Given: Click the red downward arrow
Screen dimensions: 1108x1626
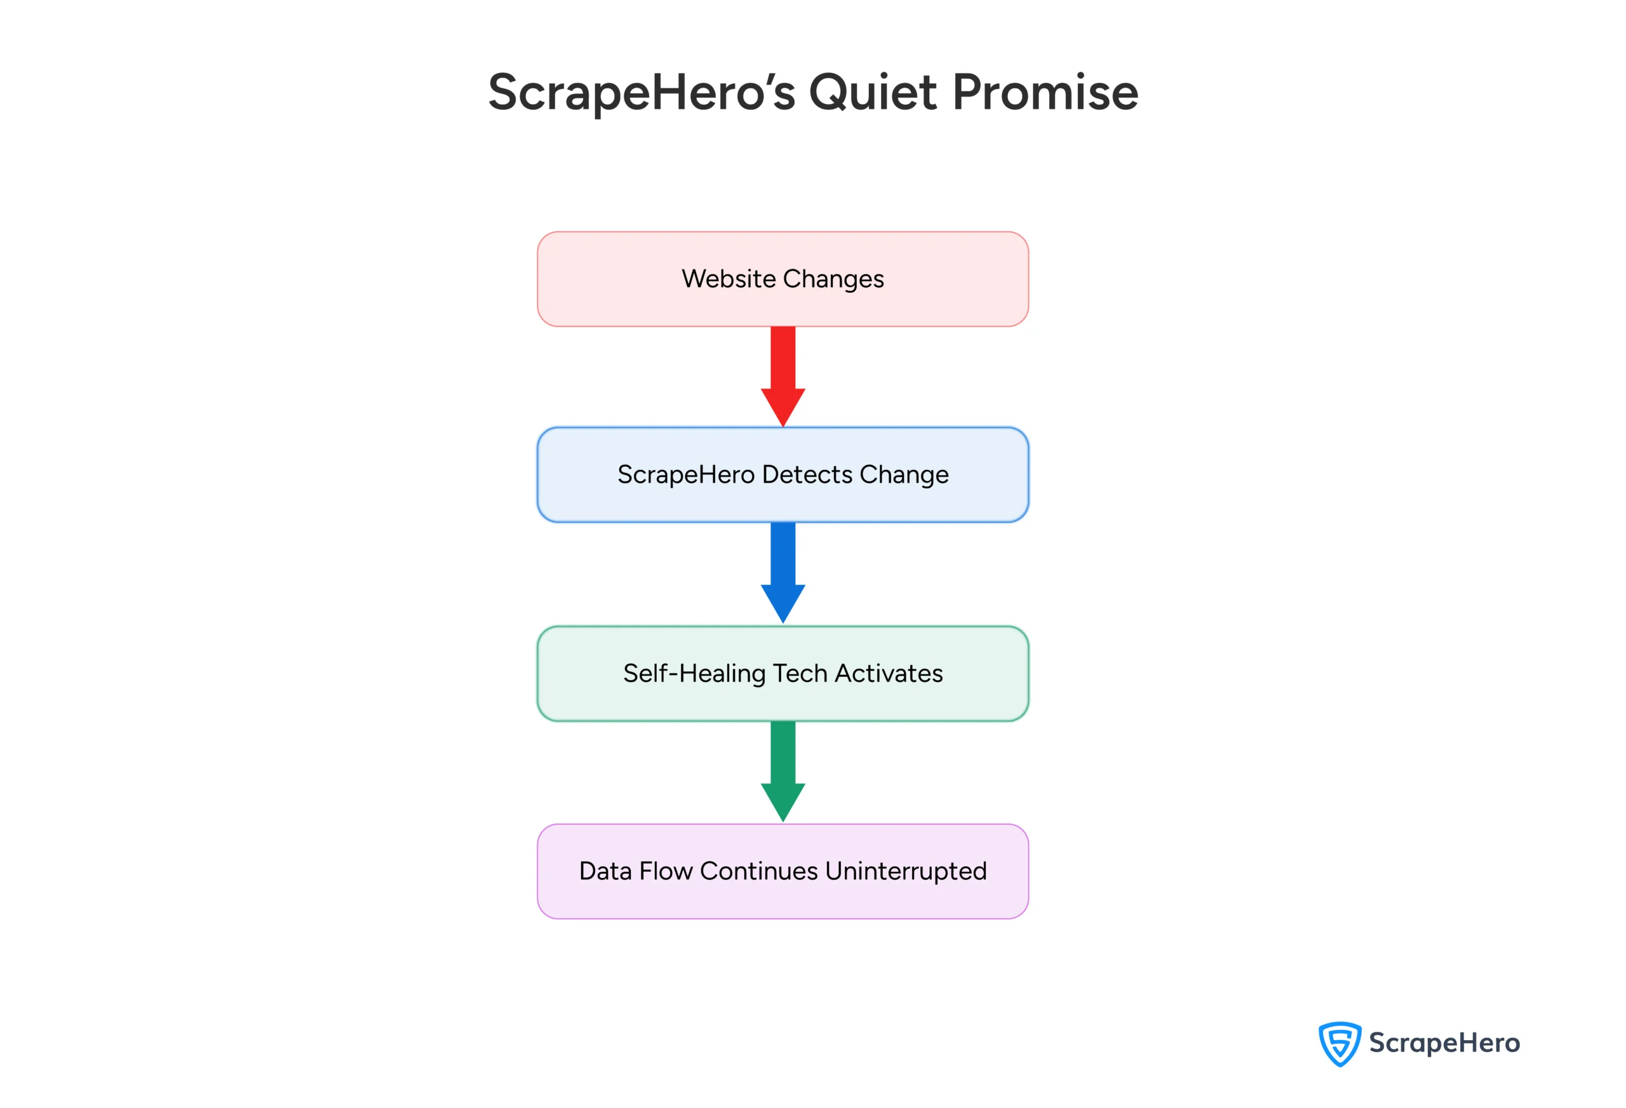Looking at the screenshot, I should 783,376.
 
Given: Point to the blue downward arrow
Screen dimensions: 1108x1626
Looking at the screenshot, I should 783,572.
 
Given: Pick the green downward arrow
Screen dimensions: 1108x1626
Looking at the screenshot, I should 783,771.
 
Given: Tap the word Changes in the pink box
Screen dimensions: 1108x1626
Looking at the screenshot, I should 833,280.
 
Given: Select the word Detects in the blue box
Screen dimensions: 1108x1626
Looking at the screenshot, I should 807,474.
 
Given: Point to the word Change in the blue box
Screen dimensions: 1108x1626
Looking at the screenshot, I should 904,475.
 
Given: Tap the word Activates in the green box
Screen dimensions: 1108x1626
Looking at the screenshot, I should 889,673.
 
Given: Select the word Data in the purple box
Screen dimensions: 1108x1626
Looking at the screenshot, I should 605,871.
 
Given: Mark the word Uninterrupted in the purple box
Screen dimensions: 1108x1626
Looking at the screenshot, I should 906,872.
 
